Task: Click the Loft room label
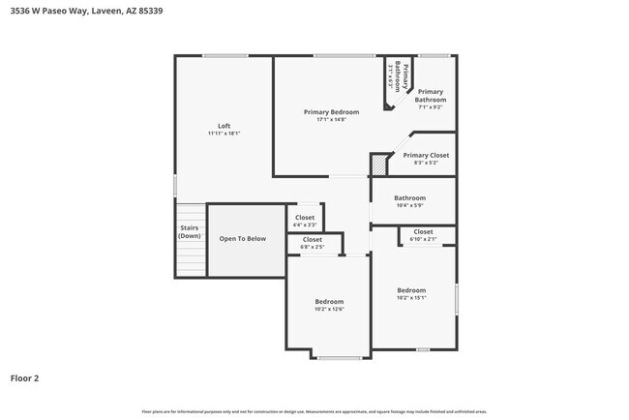click(x=224, y=125)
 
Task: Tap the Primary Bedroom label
click(x=331, y=112)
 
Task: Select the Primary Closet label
click(x=426, y=155)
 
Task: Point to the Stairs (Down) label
click(x=190, y=232)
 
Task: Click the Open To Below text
click(x=242, y=238)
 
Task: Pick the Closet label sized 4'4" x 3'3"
click(x=305, y=218)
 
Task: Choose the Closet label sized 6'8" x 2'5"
click(x=313, y=239)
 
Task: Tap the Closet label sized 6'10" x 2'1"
click(x=423, y=232)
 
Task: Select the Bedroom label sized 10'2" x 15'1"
click(x=411, y=289)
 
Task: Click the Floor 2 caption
click(x=25, y=378)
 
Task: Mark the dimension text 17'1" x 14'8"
click(x=331, y=120)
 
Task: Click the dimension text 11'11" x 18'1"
click(x=224, y=133)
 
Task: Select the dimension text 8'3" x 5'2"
click(x=426, y=163)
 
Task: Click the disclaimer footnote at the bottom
click(x=314, y=411)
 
